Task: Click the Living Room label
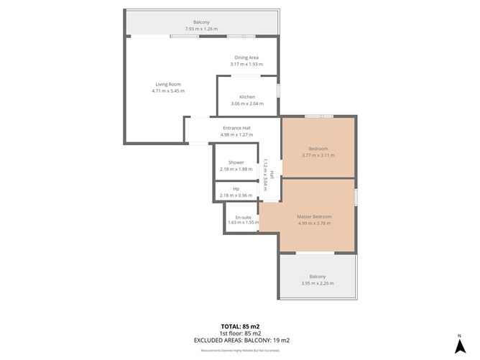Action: coord(168,85)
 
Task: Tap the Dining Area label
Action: coord(246,57)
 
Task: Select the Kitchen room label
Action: coord(247,97)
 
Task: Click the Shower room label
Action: coord(236,162)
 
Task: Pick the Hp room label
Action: coord(236,189)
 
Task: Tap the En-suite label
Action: coord(242,216)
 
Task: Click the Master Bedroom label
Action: coord(315,216)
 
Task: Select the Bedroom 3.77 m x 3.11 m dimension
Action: coord(318,155)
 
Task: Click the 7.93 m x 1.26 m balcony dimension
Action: coord(201,29)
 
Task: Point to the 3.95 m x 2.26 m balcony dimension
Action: coord(317,283)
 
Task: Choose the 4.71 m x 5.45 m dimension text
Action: coord(168,91)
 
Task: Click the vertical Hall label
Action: coord(272,174)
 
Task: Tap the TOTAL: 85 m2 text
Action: coord(241,326)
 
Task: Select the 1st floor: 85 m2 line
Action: coord(241,333)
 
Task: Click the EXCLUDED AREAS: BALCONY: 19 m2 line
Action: coord(241,340)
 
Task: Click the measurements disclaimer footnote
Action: coord(241,350)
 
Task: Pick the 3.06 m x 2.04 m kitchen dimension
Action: coord(247,103)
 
